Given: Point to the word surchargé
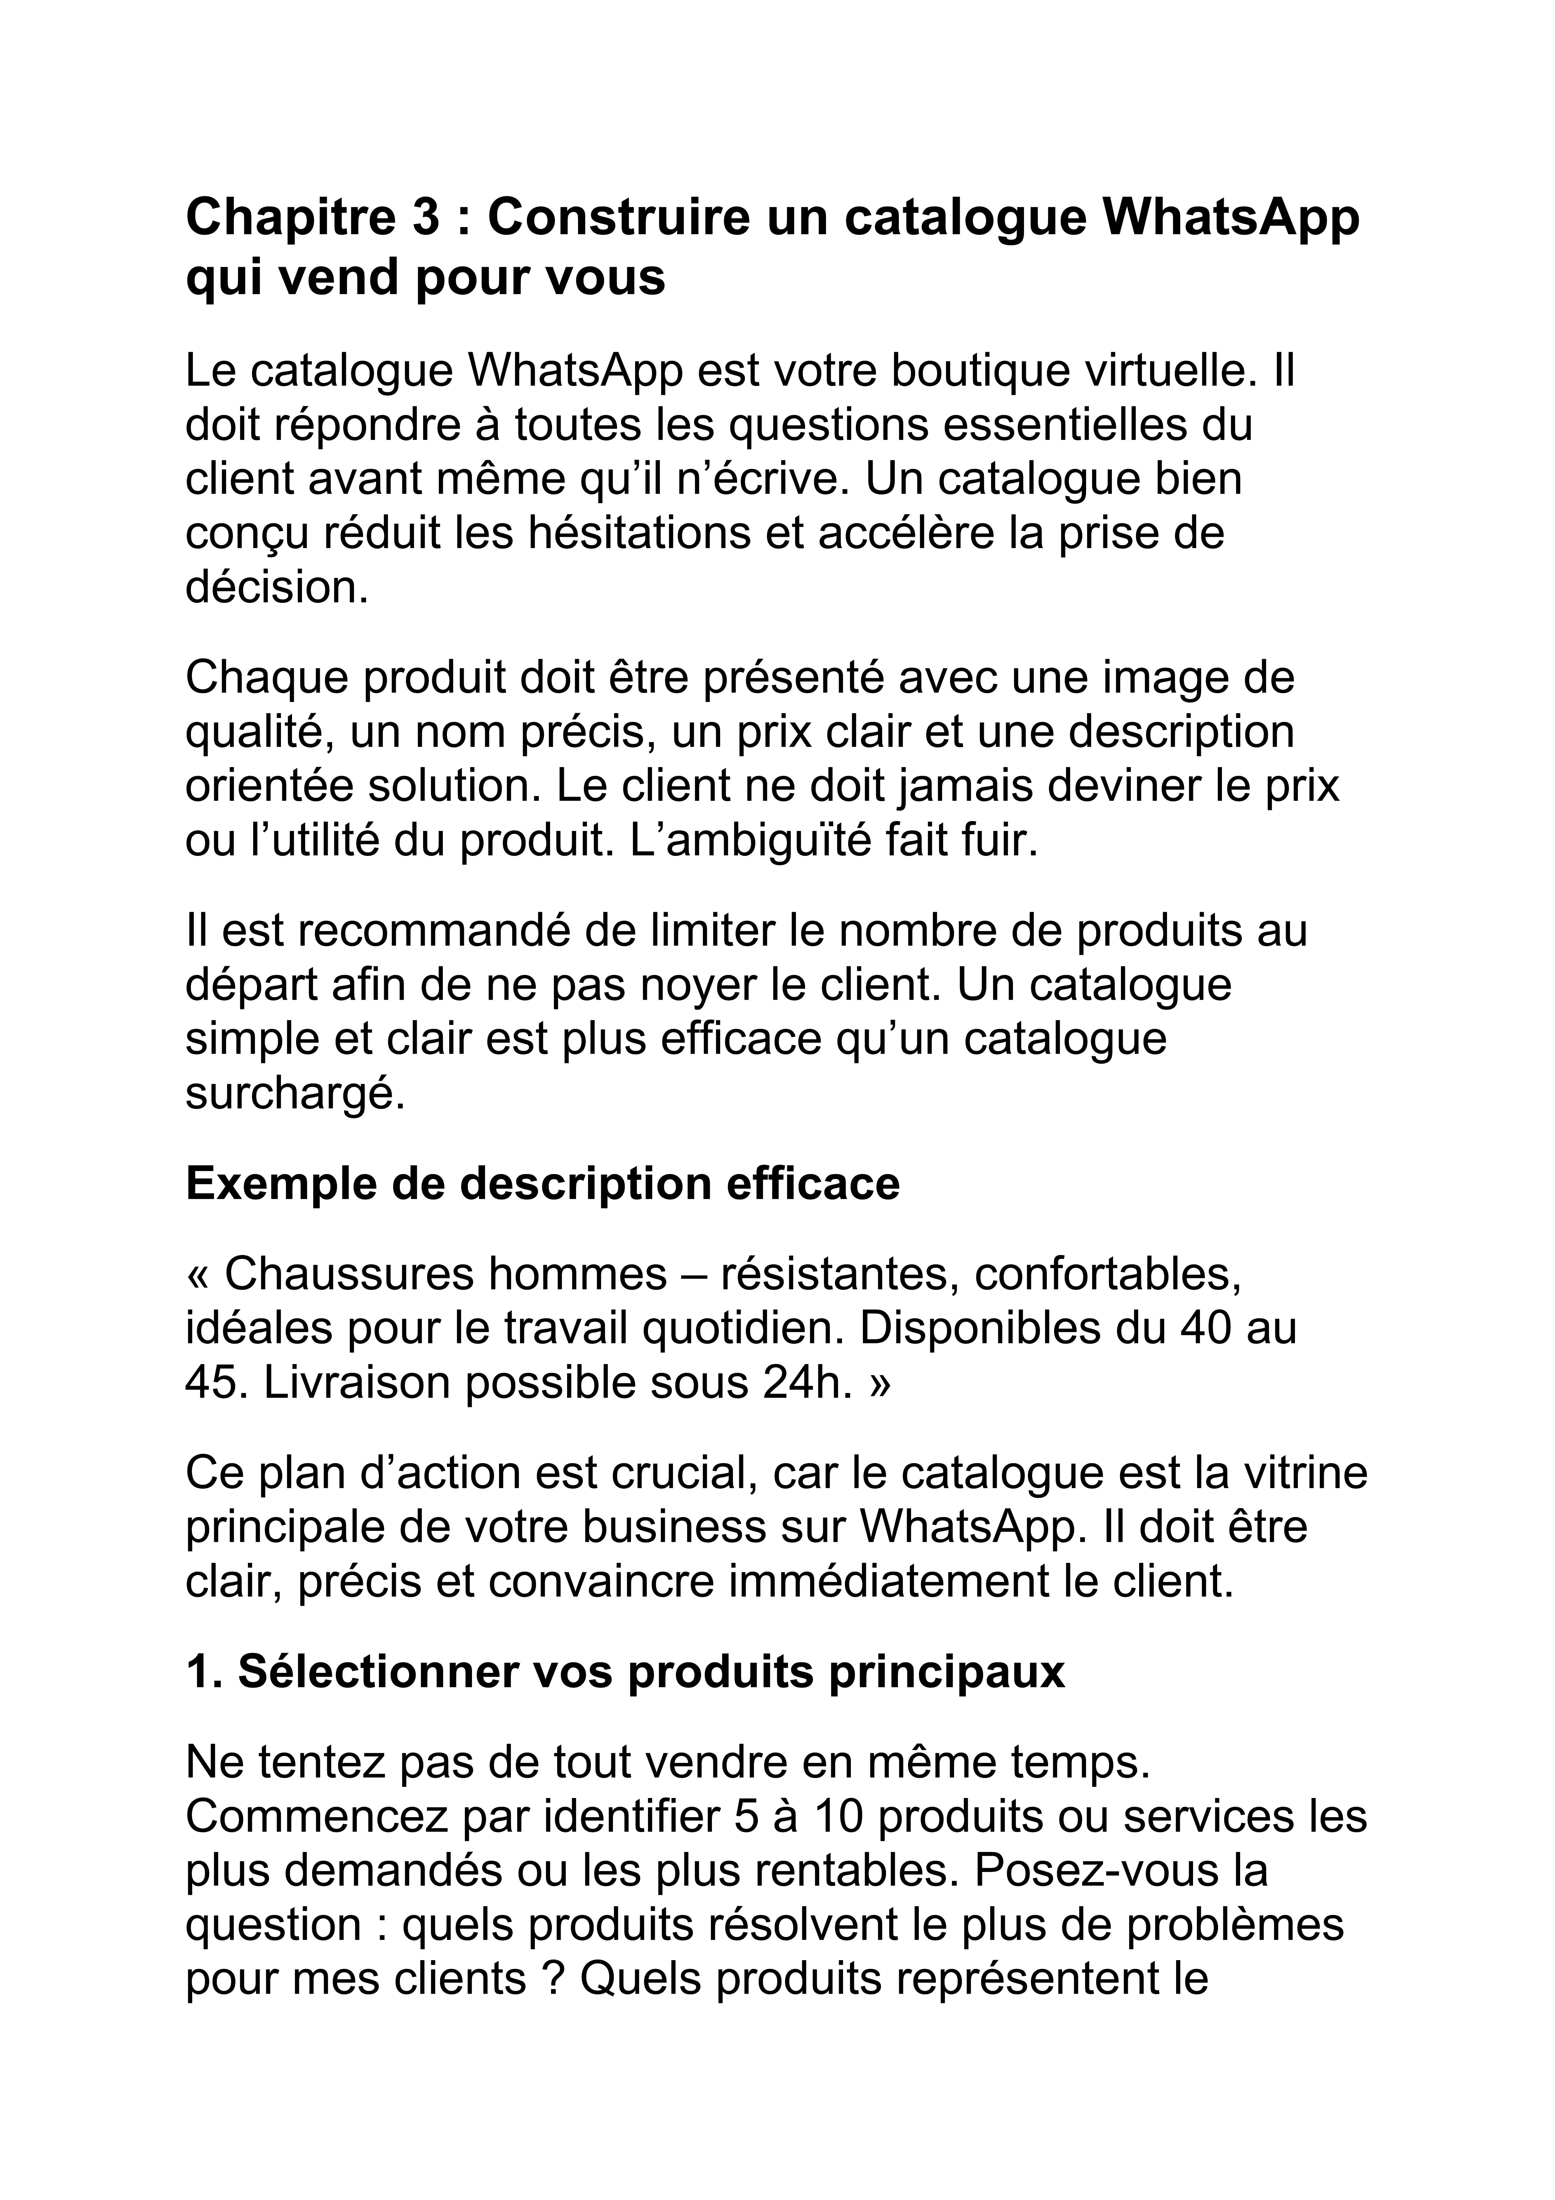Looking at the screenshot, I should click(295, 1093).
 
